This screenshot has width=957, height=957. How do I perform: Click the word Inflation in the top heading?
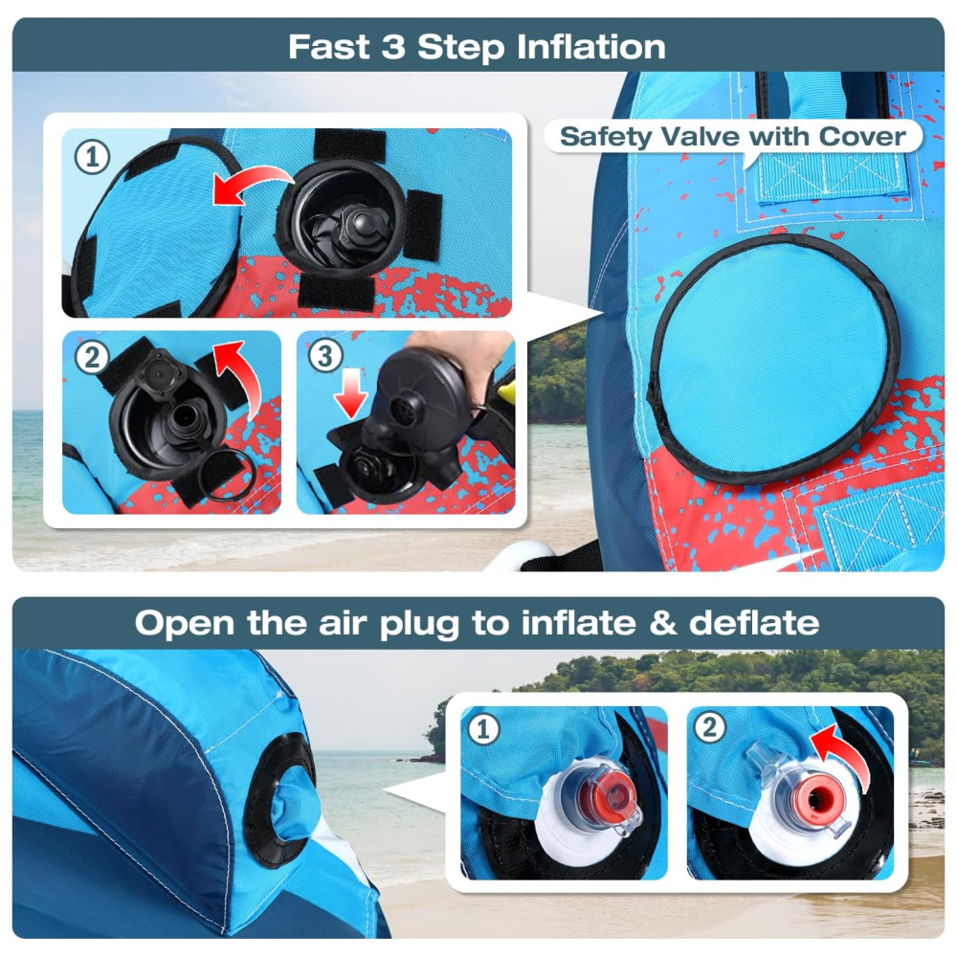pyautogui.click(x=590, y=47)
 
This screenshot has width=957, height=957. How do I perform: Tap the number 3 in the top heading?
pyautogui.click(x=393, y=47)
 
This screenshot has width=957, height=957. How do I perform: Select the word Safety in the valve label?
pyautogui.click(x=606, y=137)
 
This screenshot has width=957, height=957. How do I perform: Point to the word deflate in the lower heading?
pyautogui.click(x=754, y=623)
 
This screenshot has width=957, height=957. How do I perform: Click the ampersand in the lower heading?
pyautogui.click(x=661, y=623)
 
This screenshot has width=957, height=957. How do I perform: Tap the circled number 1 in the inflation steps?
pyautogui.click(x=92, y=157)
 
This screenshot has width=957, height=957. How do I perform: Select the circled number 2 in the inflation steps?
pyautogui.click(x=92, y=357)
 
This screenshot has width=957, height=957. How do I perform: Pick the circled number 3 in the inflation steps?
pyautogui.click(x=325, y=356)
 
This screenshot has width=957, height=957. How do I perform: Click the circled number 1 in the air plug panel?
pyautogui.click(x=483, y=729)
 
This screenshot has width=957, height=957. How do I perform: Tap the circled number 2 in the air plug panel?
pyautogui.click(x=709, y=727)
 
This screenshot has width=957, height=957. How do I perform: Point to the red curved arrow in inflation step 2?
pyautogui.click(x=240, y=376)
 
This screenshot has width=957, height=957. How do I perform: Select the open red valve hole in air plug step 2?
pyautogui.click(x=816, y=799)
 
